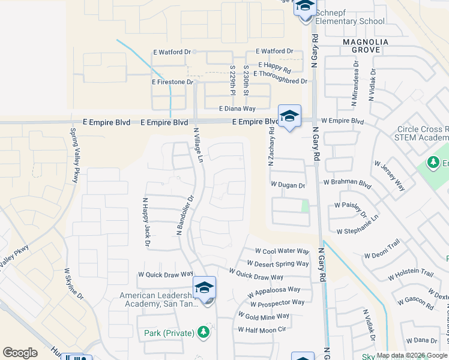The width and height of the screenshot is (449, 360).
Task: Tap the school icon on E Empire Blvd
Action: point(289,116)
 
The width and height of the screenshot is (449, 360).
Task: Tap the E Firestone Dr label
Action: point(173,82)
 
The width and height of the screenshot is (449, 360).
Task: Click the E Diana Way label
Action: point(237,109)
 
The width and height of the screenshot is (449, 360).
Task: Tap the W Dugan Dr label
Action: point(288,185)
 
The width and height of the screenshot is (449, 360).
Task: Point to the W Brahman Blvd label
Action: point(347,182)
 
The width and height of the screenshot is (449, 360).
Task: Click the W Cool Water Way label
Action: point(282,251)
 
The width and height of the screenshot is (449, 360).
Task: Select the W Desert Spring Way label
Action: point(278,263)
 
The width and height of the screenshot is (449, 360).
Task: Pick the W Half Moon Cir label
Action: point(262,329)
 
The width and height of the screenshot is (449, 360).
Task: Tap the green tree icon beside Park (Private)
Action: point(203,332)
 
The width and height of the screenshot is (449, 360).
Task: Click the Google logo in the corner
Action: point(20,353)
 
